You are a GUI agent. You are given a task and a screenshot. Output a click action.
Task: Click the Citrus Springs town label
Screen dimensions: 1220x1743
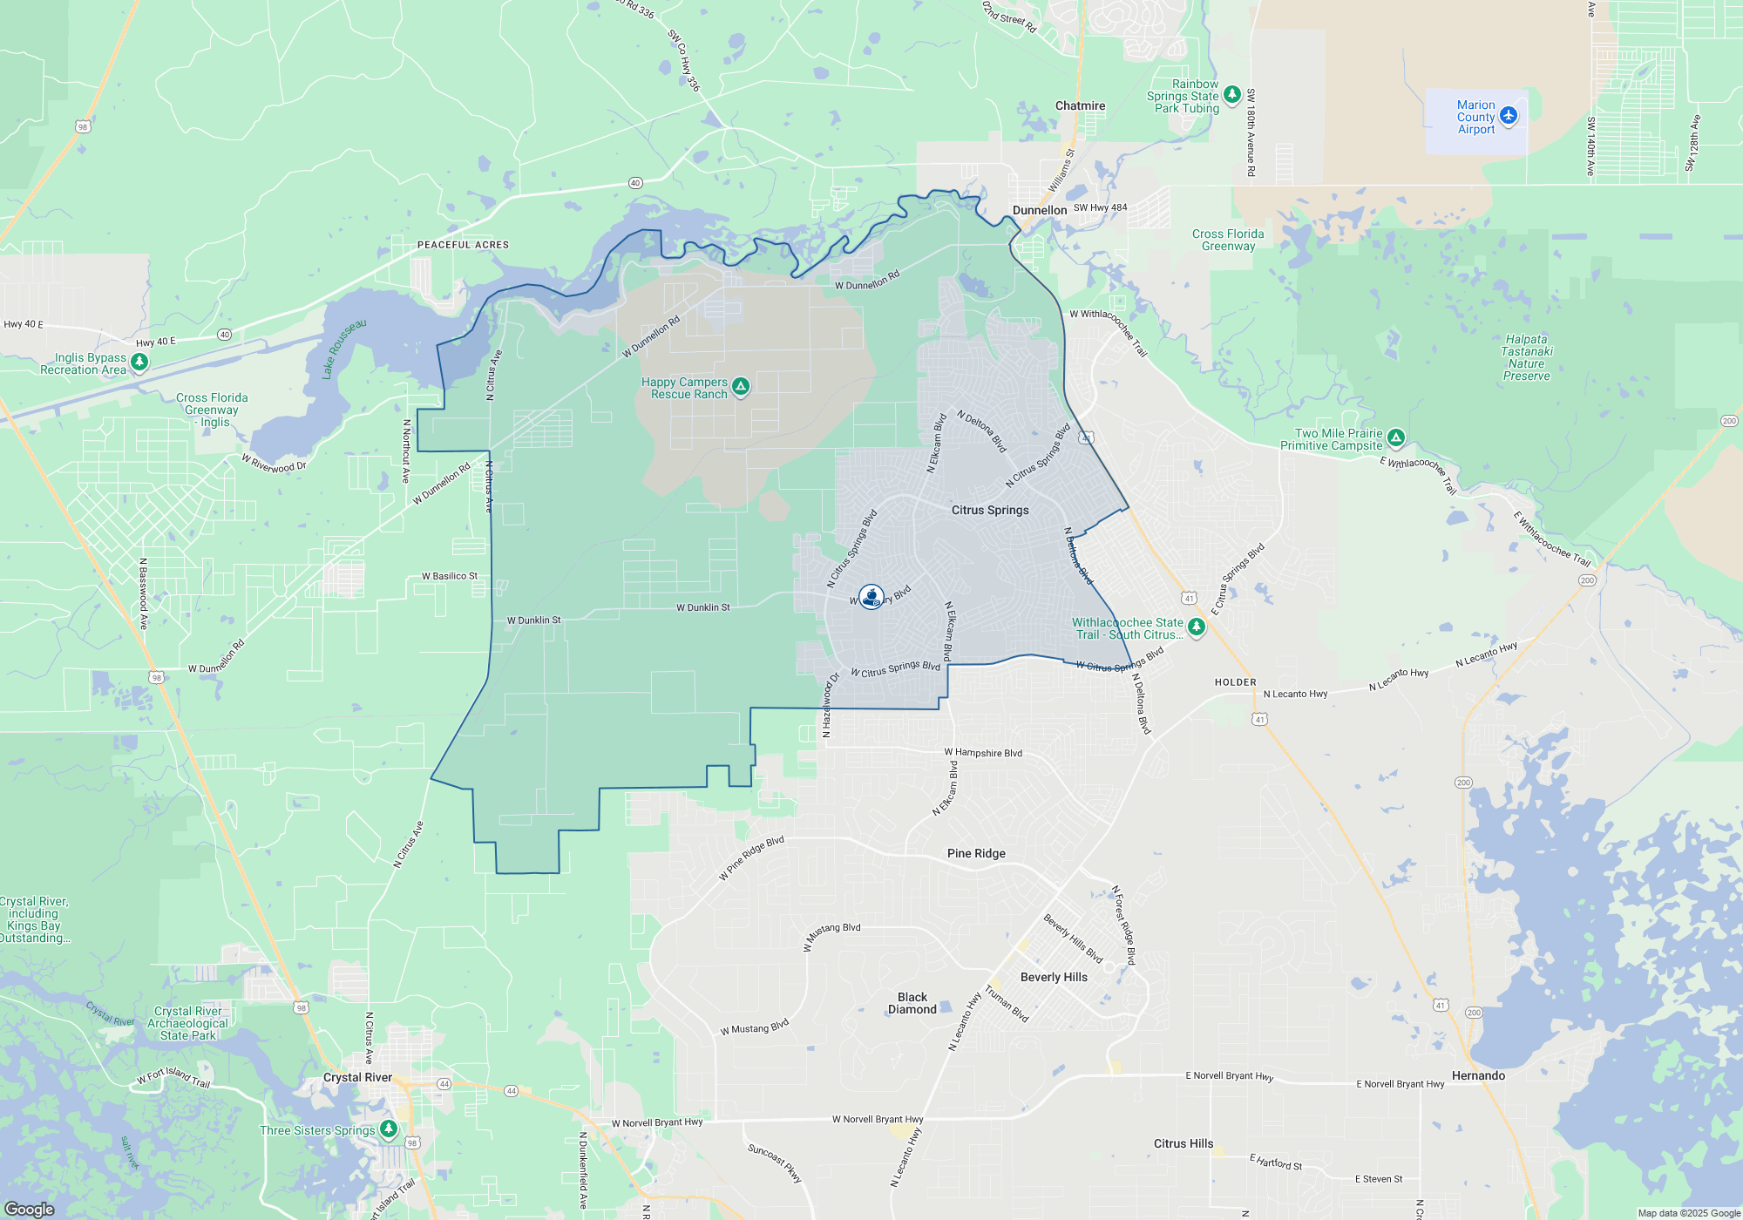click(990, 510)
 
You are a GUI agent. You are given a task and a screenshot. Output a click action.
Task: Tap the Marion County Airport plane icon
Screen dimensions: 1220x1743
click(1509, 115)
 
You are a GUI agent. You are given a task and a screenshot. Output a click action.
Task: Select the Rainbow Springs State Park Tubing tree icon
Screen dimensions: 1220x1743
click(1231, 94)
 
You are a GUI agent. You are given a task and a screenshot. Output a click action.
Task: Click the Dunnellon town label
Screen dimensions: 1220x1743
click(1040, 210)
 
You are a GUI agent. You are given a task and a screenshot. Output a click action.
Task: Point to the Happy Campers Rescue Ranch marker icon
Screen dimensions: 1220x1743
click(741, 386)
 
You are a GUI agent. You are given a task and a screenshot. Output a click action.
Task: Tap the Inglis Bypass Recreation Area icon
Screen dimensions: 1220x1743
click(139, 361)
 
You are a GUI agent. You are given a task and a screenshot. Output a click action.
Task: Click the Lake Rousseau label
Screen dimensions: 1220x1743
click(344, 349)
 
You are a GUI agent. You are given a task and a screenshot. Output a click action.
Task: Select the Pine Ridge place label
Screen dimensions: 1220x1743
click(976, 853)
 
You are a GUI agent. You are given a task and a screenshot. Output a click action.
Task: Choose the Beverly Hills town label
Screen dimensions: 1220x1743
click(1054, 977)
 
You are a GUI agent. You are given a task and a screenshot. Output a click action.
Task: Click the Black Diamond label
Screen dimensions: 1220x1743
click(912, 1003)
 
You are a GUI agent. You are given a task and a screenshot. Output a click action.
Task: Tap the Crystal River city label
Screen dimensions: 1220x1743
click(357, 1077)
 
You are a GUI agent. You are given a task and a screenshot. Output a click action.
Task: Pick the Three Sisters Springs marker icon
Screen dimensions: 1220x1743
click(389, 1129)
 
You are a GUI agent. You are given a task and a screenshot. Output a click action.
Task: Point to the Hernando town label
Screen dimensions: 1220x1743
click(1478, 1075)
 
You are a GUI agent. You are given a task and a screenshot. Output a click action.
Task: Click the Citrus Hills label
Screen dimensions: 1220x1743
click(1183, 1143)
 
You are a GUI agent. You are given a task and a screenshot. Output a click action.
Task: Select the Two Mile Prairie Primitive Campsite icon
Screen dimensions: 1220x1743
click(1396, 437)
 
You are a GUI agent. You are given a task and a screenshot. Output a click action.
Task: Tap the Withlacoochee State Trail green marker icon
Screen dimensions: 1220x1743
click(1197, 627)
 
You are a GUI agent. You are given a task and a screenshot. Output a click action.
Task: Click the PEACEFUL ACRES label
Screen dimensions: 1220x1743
click(463, 245)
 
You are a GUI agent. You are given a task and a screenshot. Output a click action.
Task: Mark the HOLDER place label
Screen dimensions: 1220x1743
click(1236, 682)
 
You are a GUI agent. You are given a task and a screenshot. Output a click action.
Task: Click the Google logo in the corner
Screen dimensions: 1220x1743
click(30, 1209)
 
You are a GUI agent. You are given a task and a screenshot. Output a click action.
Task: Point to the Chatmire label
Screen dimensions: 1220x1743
click(1080, 105)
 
